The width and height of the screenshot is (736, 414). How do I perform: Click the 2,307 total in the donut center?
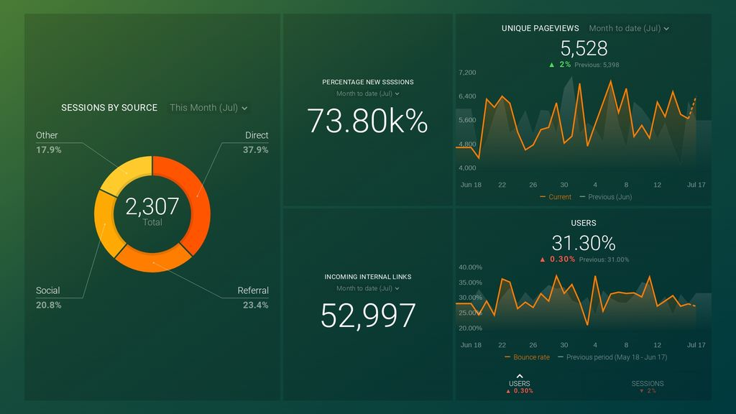(152, 207)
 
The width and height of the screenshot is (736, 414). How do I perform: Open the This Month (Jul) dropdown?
(208, 108)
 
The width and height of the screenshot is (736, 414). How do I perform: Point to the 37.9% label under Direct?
(256, 150)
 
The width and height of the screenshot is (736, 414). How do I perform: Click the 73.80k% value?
(367, 121)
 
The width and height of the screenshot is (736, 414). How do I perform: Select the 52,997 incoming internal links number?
(367, 316)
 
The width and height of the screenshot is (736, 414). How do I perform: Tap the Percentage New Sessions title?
(367, 82)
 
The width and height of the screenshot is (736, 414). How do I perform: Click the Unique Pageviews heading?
(540, 29)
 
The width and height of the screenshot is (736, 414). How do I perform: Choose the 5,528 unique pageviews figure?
(584, 48)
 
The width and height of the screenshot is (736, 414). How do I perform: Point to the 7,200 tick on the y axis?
(467, 73)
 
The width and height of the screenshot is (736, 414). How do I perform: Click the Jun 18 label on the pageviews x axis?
(471, 185)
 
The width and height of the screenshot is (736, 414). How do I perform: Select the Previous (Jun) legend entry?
(606, 197)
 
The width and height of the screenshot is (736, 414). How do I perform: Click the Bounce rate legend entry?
(530, 357)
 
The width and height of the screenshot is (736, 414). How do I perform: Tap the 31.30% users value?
(584, 243)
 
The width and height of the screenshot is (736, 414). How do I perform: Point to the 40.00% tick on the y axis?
(470, 267)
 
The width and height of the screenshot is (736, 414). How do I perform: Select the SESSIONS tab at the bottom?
(648, 384)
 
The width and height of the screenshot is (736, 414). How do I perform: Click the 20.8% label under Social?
(49, 305)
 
